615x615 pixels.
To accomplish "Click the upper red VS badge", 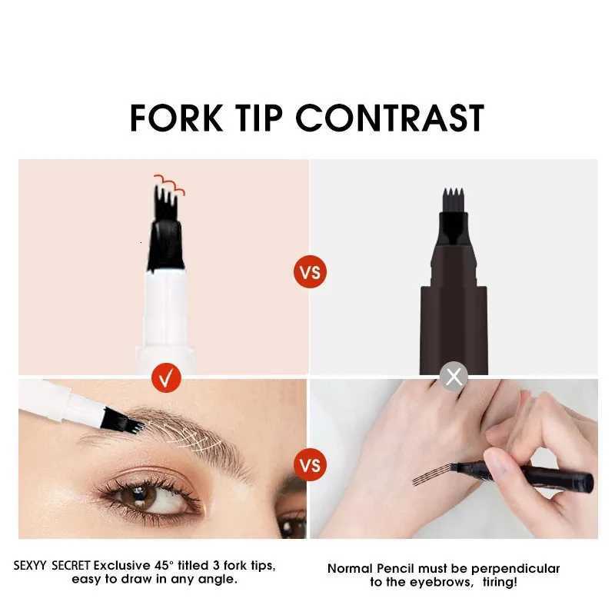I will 310,271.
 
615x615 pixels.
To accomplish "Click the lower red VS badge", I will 310,466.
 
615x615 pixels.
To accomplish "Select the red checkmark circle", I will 167,377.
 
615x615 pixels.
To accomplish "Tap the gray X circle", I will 454,377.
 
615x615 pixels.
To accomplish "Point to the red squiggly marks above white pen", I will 169,184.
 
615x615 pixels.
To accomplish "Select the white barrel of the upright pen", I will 165,315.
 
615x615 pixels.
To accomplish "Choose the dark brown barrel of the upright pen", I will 454,323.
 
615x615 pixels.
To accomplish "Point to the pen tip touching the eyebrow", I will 131,423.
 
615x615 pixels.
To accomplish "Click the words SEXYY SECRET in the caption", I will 52,566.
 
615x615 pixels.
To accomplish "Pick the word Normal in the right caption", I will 351,569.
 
